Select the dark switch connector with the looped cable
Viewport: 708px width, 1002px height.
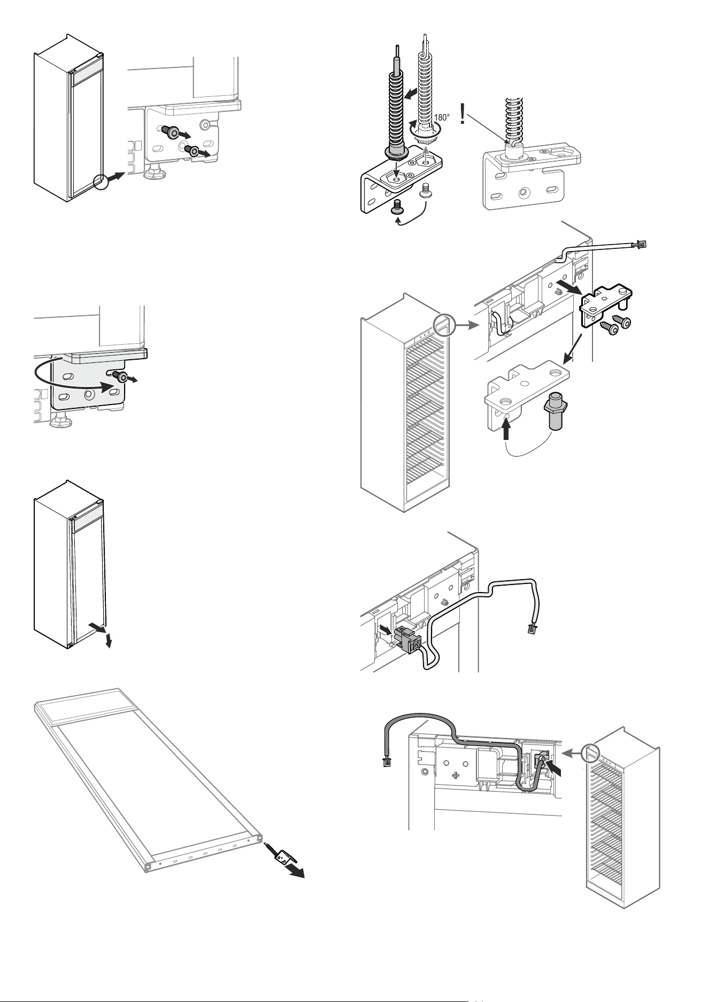pyautogui.click(x=408, y=637)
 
